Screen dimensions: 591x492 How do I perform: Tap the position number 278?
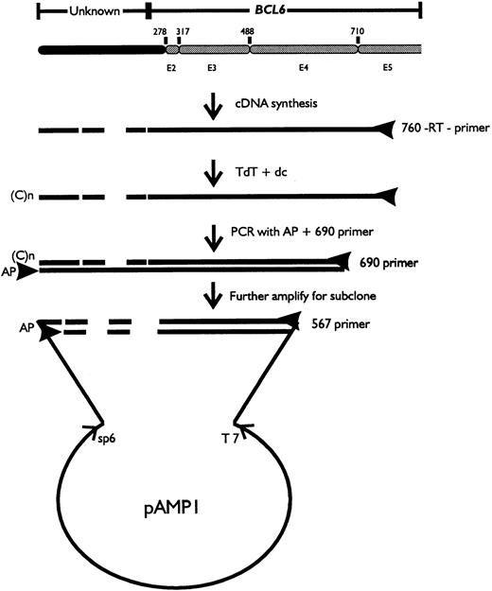[160, 32]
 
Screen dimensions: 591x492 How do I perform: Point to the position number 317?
[182, 32]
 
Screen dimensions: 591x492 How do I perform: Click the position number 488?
[247, 32]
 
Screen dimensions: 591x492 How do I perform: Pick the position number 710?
[357, 32]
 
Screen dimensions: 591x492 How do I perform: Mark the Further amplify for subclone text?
[302, 294]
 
